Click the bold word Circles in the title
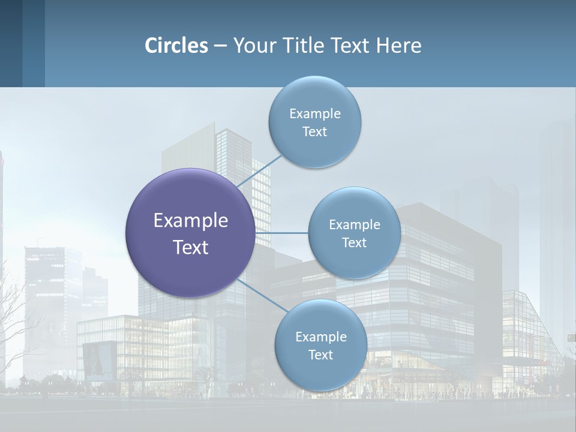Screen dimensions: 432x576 176,46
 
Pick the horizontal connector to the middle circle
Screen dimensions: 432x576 282,233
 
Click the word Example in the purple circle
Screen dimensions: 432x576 190,221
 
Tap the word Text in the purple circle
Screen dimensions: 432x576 190,247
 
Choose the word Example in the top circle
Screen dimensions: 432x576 314,113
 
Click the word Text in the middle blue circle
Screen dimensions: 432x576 354,242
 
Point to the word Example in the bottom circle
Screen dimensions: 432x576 320,337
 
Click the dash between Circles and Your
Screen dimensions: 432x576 220,46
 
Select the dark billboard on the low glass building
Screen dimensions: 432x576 100,360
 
